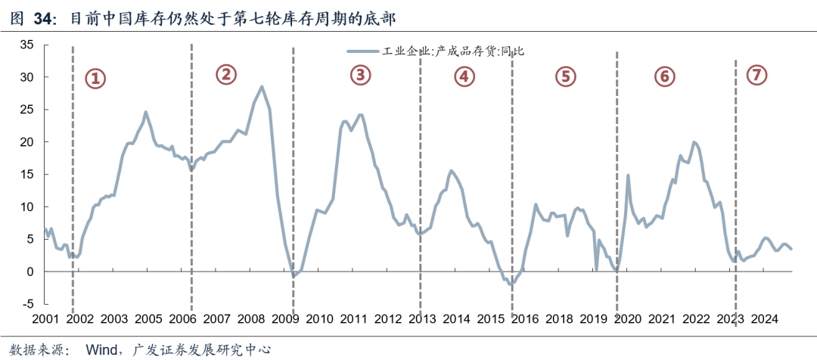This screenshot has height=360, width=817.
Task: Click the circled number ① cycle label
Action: coord(95,79)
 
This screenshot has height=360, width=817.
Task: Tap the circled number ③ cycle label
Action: coord(360,74)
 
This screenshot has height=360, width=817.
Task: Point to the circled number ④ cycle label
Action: coord(464,76)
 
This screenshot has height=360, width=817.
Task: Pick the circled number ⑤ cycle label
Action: coord(565,76)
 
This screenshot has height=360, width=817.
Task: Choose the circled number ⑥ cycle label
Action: coord(663,76)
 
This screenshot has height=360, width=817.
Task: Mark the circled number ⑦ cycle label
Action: coord(756,74)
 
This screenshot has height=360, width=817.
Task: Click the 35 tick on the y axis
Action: coord(26,45)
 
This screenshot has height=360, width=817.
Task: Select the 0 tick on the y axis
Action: coord(30,272)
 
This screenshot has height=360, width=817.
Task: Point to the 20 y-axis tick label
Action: coord(26,142)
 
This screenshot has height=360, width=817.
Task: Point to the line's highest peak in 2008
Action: coord(262,87)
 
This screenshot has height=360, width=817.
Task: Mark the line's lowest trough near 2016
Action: coord(512,285)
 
